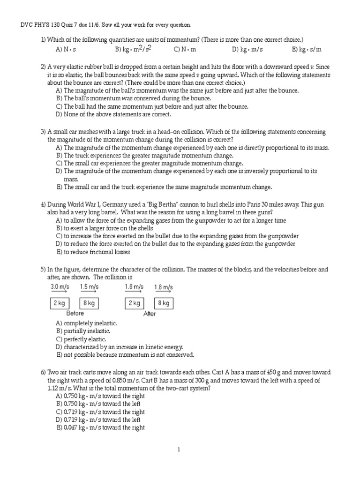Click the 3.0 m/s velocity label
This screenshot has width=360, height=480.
(60, 286)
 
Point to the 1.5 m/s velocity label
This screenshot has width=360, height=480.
(89, 286)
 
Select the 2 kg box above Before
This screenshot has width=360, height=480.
(60, 303)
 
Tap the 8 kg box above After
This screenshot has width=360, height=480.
(164, 303)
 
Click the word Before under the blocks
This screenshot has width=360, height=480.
(75, 314)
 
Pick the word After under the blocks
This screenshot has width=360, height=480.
(149, 314)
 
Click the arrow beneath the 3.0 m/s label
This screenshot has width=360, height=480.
(60, 292)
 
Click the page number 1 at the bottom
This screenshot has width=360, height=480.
(179, 450)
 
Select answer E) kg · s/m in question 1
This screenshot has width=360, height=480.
(306, 49)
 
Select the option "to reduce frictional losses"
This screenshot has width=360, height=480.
(93, 252)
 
